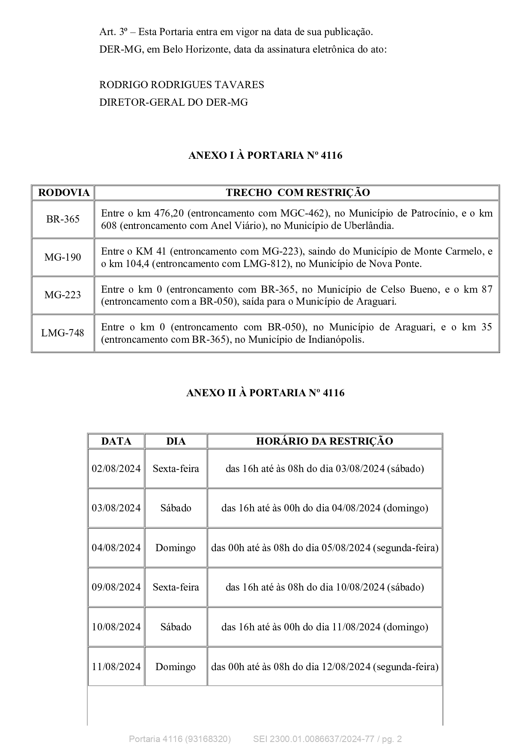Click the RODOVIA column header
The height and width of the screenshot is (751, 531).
coord(63,193)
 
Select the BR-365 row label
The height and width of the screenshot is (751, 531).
coord(63,219)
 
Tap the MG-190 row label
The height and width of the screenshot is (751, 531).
coord(63,257)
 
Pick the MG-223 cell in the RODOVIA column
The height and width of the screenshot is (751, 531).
coord(63,295)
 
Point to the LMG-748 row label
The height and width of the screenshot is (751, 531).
coord(63,333)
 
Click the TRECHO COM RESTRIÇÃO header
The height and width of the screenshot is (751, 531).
coord(298,193)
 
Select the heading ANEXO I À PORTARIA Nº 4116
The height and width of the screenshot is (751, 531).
coord(265,155)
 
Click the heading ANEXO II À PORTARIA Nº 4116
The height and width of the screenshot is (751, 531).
coord(265,393)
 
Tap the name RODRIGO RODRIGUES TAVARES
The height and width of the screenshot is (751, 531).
coord(182,85)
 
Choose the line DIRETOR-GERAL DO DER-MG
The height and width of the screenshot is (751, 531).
coord(173,102)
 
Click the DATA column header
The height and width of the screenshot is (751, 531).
coord(116,441)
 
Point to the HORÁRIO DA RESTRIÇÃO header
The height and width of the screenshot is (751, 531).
coord(324,441)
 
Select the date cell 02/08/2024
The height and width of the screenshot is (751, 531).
coord(116,469)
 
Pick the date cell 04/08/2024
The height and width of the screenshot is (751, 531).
coord(116,548)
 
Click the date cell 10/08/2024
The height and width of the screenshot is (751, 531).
coord(116,627)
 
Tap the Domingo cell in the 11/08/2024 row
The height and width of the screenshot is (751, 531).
coord(176,667)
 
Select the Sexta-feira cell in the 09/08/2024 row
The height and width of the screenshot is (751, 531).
coord(176,587)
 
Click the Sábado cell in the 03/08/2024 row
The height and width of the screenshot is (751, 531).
coord(176,508)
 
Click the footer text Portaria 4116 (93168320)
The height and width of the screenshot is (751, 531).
coord(180,739)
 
